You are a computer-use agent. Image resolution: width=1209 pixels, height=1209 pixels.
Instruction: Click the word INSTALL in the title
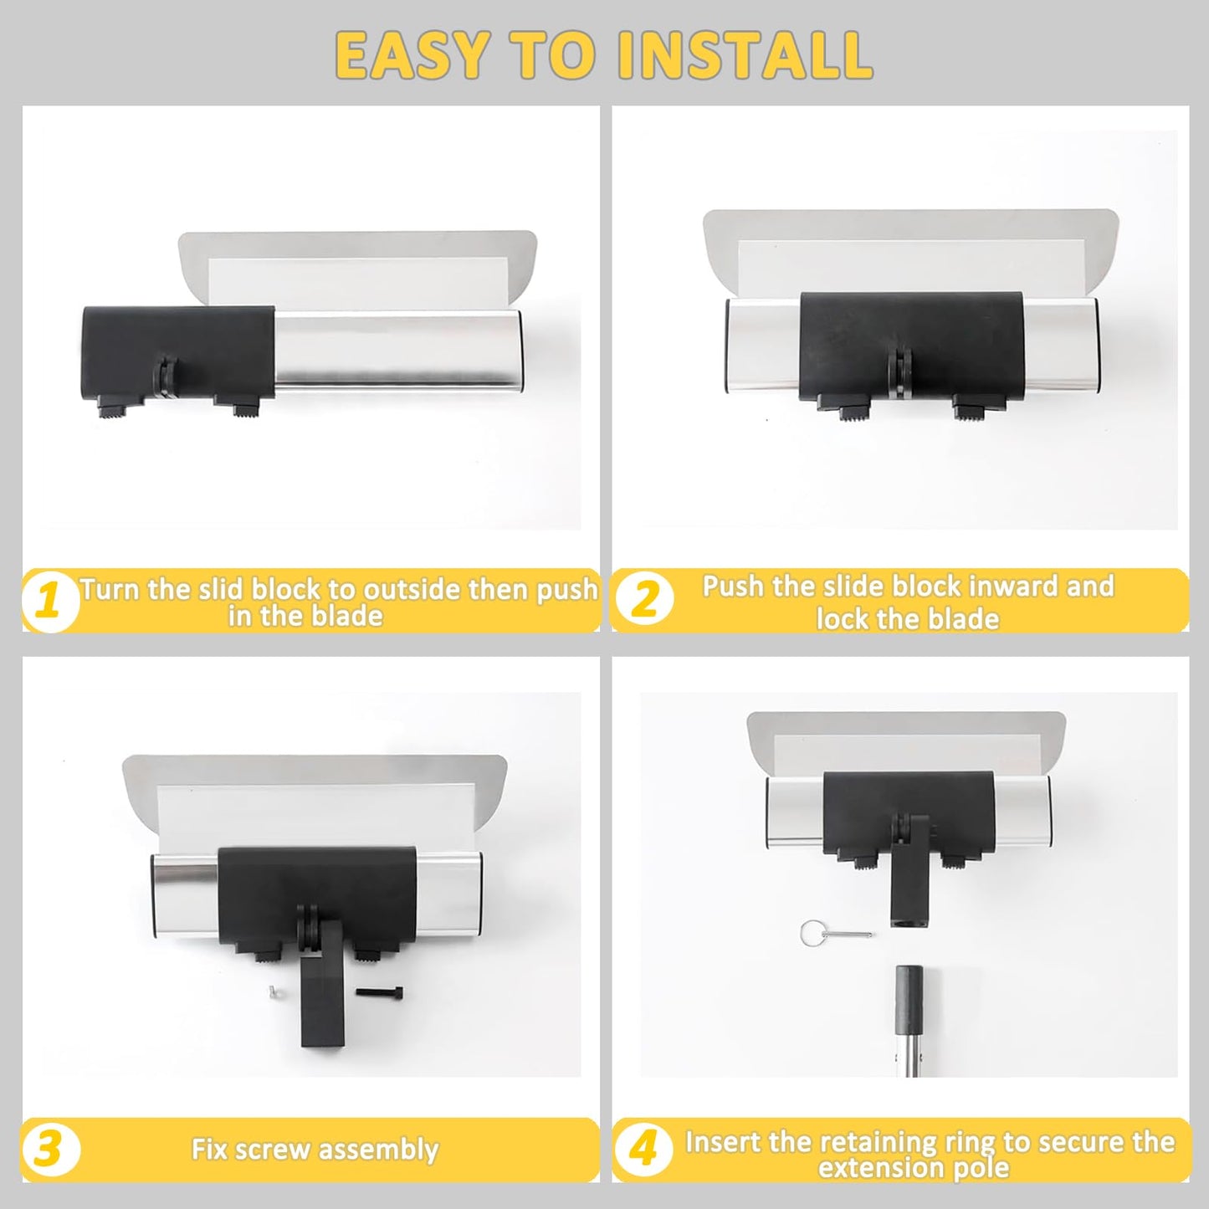[745, 55]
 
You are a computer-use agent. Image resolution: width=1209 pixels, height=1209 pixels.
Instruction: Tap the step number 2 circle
[644, 599]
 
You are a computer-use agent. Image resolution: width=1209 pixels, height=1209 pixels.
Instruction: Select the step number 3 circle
[49, 1150]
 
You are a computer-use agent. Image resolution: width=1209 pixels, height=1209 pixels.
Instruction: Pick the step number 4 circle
[643, 1150]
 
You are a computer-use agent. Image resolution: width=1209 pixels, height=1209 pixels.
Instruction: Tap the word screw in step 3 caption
[274, 1150]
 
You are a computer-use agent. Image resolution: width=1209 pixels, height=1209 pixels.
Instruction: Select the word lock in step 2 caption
[842, 618]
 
